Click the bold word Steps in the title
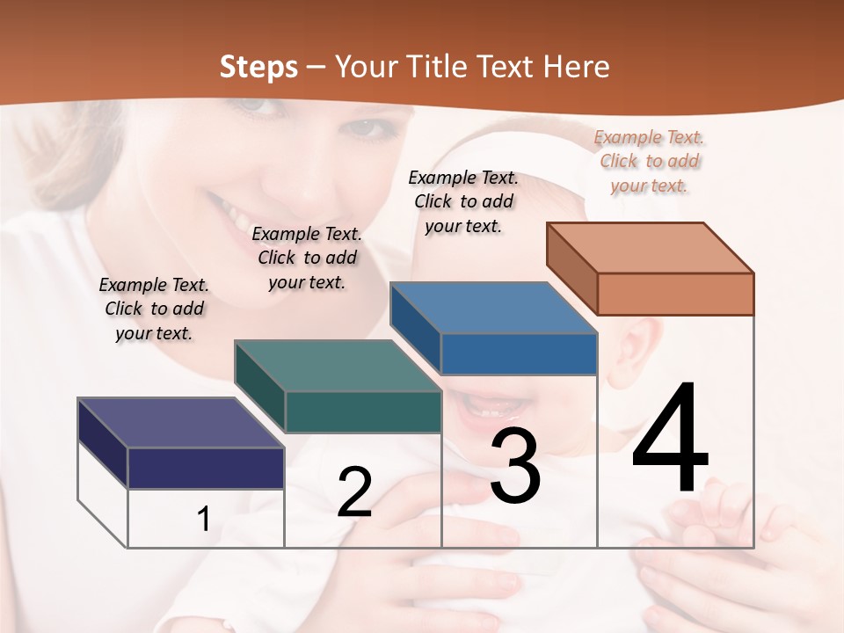pos(258,67)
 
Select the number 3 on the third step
pos(515,466)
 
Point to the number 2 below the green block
pos(354,492)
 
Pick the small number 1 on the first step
pos(204,519)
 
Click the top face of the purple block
pos(180,423)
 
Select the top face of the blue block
pos(492,309)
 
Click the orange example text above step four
pos(650,161)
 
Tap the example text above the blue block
pos(463,201)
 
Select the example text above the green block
pos(307,258)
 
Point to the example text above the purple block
pos(154,309)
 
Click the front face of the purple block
pos(206,468)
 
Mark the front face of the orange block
pos(675,294)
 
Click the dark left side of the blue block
pos(415,327)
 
